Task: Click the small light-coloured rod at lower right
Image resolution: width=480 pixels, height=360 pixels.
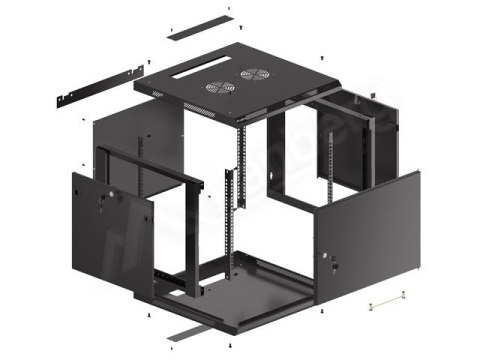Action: click(x=386, y=300)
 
